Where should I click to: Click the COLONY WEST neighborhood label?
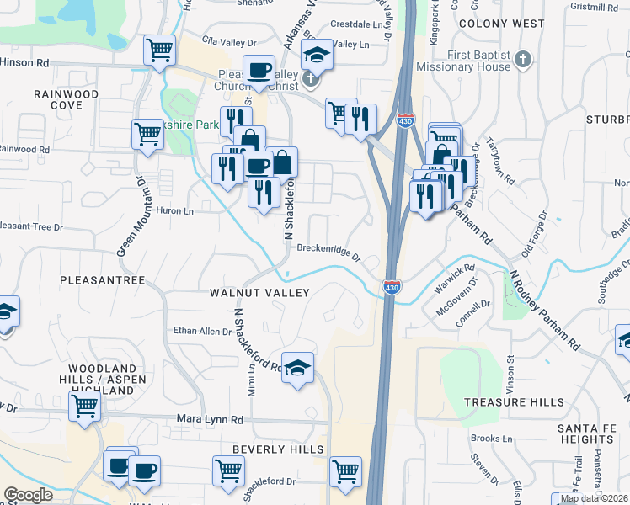click(x=508, y=24)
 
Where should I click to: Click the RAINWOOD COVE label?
click(x=66, y=99)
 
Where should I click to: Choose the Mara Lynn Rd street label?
click(x=210, y=418)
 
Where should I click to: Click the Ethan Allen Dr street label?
click(x=202, y=332)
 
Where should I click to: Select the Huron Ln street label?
click(x=174, y=212)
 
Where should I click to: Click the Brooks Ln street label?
click(x=492, y=439)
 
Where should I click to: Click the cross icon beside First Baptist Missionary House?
click(x=523, y=59)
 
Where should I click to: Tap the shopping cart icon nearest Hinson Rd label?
click(x=158, y=50)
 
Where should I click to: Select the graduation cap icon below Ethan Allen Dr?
click(x=296, y=366)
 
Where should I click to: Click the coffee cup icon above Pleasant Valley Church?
click(x=259, y=69)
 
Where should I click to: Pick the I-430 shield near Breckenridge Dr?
click(x=392, y=286)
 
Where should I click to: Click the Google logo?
click(x=28, y=495)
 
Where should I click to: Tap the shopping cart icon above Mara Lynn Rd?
click(x=84, y=406)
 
